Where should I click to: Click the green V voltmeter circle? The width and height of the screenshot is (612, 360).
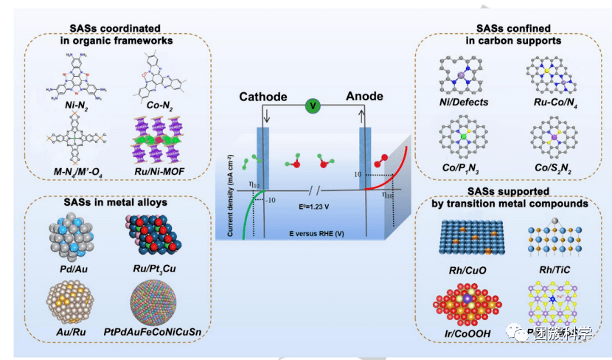(313, 106)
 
